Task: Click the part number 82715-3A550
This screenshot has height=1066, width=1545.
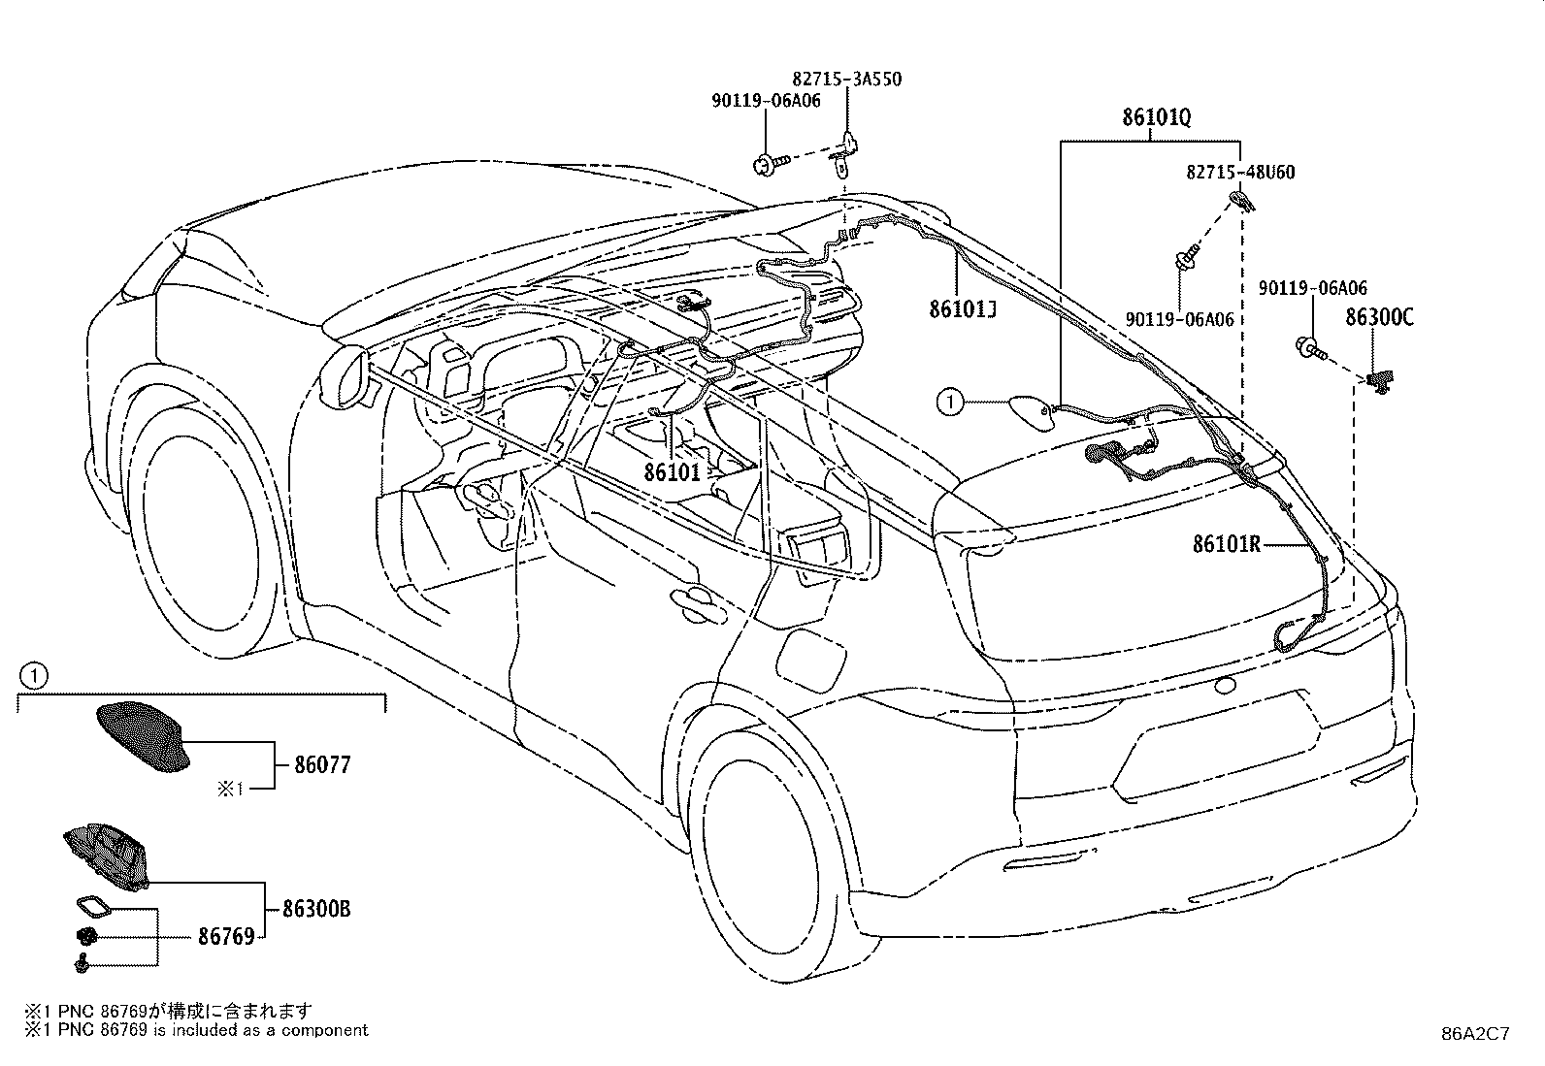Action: [846, 80]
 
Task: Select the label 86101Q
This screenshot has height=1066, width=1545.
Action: [1156, 118]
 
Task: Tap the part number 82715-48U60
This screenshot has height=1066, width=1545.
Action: [1240, 172]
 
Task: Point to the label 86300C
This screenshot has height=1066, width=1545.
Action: [1379, 317]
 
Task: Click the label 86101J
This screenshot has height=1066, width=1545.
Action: [962, 309]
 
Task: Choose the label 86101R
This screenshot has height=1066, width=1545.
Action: [1227, 545]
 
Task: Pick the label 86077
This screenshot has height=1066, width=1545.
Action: [322, 764]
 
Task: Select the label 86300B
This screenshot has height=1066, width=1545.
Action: [316, 909]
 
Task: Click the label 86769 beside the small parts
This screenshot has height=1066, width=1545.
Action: [226, 936]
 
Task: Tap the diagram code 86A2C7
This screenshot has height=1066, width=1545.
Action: [1475, 1034]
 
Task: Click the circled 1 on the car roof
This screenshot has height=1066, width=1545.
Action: [950, 402]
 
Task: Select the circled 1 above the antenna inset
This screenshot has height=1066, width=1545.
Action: [34, 676]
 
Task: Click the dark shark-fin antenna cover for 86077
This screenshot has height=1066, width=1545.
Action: [142, 736]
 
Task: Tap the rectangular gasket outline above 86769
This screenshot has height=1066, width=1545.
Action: [94, 908]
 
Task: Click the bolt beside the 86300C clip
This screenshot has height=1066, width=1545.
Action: [1310, 348]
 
